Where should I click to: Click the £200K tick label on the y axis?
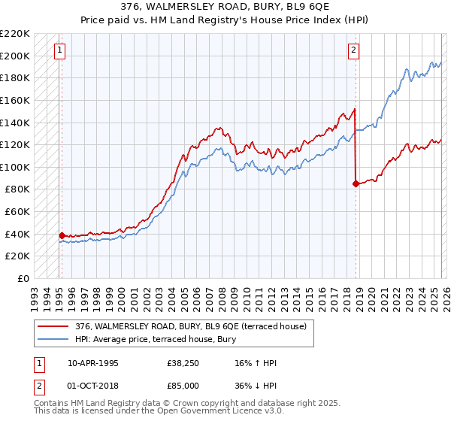pyautogui.click(x=16, y=56)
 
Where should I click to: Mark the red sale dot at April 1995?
pyautogui.click(x=62, y=235)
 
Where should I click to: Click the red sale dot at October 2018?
pyautogui.click(x=355, y=183)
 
